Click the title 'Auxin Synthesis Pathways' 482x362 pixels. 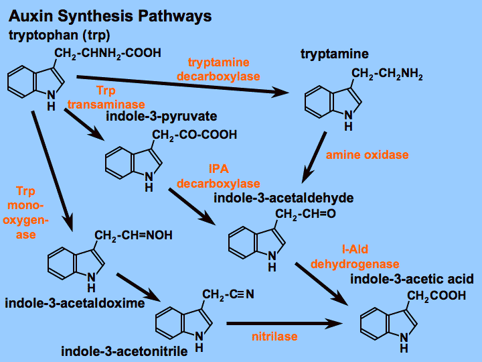click(x=110, y=15)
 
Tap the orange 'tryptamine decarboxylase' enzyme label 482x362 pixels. click(x=218, y=70)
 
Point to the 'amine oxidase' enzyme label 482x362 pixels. click(x=367, y=155)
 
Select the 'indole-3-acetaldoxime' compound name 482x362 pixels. click(x=75, y=303)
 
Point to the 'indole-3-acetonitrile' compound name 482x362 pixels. click(x=124, y=351)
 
